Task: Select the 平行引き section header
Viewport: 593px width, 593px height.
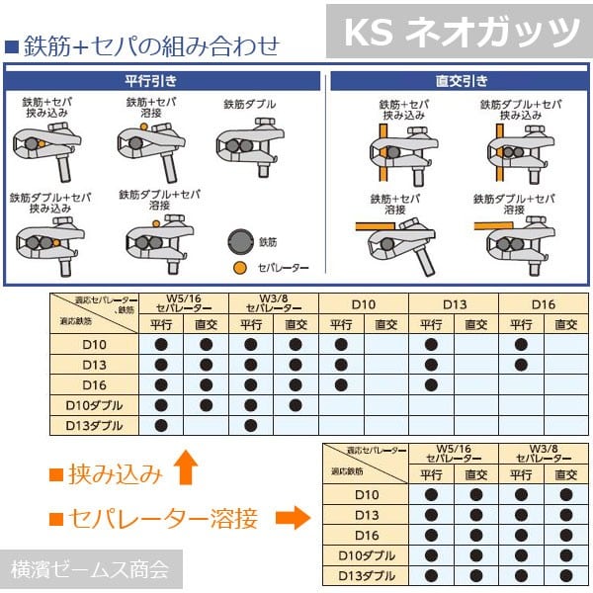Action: click(x=163, y=81)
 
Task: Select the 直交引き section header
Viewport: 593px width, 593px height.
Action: click(x=460, y=81)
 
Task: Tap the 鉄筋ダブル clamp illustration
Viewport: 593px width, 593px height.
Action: click(x=245, y=148)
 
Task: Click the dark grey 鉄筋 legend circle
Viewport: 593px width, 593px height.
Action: click(x=240, y=240)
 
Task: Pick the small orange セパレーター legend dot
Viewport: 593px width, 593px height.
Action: click(x=240, y=267)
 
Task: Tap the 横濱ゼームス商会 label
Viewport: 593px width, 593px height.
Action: click(x=90, y=569)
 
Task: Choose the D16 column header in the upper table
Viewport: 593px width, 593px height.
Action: click(x=544, y=303)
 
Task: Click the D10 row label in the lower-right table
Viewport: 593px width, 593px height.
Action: click(x=367, y=494)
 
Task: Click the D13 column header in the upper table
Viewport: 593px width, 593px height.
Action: click(x=453, y=303)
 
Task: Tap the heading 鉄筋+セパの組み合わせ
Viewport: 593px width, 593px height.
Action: click(x=148, y=45)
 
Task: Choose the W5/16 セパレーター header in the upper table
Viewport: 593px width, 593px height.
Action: click(x=184, y=303)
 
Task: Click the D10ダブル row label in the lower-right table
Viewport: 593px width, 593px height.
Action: click(x=367, y=554)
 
